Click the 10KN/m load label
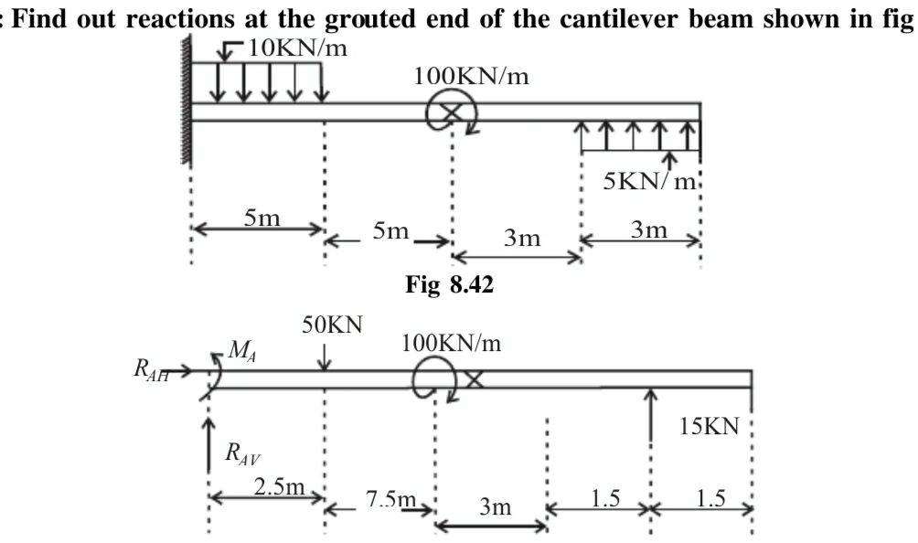click(297, 48)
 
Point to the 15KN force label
click(709, 427)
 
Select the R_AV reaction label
click(241, 453)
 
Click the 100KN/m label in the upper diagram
click(472, 76)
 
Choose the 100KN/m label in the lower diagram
click(452, 344)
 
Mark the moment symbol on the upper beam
click(451, 113)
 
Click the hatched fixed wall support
click(187, 101)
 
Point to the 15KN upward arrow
click(650, 416)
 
